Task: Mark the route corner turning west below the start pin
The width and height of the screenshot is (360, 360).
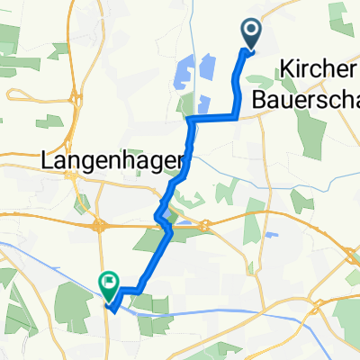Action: (x=237, y=116)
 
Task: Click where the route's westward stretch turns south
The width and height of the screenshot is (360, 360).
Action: (x=192, y=119)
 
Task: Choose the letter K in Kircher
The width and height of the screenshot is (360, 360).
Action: (x=286, y=67)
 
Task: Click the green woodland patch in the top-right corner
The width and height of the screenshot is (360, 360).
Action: (x=339, y=13)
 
